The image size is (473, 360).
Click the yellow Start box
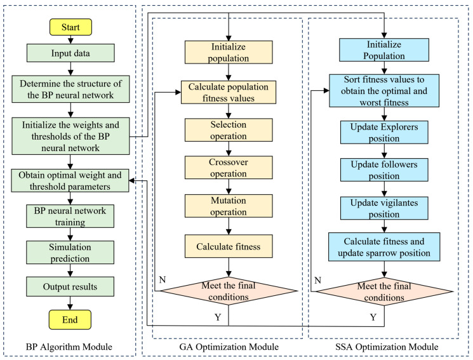click(70, 27)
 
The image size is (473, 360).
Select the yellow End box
click(70, 319)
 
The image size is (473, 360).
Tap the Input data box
click(70, 53)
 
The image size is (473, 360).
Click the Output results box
click(70, 287)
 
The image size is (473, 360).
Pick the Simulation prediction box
click(70, 253)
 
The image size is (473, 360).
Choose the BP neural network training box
click(70, 216)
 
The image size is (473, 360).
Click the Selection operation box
click(229, 130)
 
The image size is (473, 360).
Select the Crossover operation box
click(229, 168)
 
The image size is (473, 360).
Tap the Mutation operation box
click(229, 206)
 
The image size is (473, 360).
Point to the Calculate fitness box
click(229, 246)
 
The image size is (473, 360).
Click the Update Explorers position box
click(384, 133)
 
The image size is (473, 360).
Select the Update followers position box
click(384, 170)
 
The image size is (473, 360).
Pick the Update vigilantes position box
click(384, 208)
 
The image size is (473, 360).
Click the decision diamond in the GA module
click(229, 291)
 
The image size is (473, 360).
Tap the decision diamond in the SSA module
click(384, 292)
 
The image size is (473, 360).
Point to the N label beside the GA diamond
click(163, 280)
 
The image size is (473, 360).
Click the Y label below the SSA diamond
click(373, 317)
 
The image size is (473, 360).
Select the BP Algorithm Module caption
click(69, 347)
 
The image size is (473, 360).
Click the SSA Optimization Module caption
click(387, 347)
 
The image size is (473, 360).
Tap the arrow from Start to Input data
click(70, 40)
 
